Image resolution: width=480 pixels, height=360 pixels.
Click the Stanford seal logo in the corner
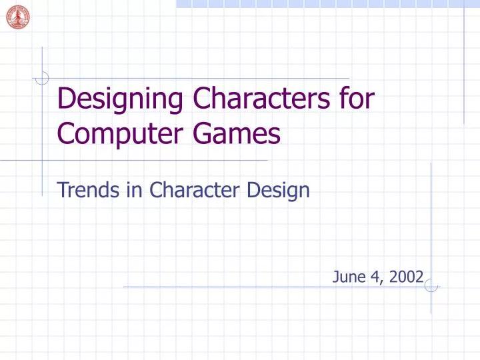tap(17, 17)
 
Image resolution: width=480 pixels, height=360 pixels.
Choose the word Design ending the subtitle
tap(279, 191)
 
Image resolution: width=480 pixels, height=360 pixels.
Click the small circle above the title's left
tap(43, 79)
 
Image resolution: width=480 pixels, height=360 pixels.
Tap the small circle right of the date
tap(431, 287)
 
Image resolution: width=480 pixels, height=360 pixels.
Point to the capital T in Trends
tap(63, 191)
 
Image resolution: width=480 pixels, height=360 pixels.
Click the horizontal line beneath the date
tap(267, 287)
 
